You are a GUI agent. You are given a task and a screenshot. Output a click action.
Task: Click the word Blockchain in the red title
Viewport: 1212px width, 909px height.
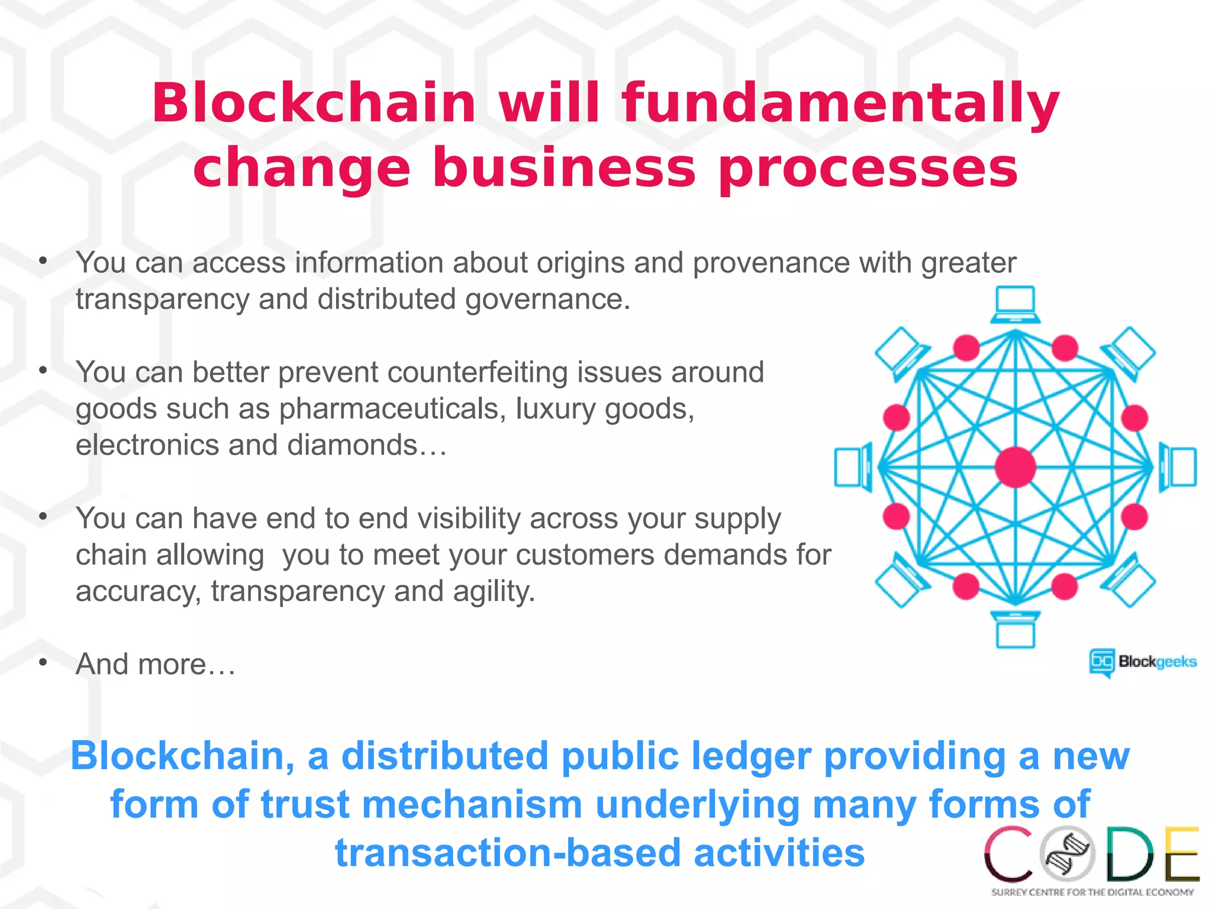(314, 103)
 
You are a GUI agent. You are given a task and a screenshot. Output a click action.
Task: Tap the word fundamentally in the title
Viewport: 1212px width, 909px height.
(840, 103)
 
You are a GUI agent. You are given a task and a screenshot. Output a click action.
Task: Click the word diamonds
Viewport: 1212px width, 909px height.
(353, 445)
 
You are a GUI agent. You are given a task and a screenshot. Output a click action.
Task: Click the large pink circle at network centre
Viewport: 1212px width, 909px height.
(1016, 467)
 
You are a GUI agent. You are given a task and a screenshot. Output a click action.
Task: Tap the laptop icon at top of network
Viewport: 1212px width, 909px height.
(1016, 305)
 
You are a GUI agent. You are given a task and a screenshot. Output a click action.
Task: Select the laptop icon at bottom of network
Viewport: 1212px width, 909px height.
(1016, 630)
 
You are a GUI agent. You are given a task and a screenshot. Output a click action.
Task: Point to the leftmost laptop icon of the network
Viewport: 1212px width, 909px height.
(853, 467)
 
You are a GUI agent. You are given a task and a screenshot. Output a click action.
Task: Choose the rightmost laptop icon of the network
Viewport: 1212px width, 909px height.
(1178, 467)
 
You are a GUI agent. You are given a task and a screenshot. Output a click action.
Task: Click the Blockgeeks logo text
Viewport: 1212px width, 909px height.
(1157, 662)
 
